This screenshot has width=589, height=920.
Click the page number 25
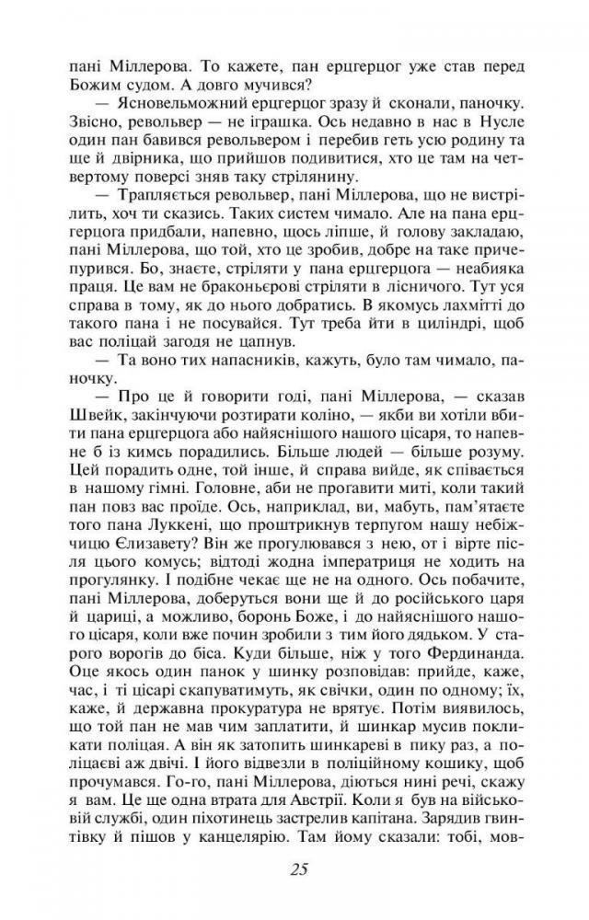click(x=295, y=868)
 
